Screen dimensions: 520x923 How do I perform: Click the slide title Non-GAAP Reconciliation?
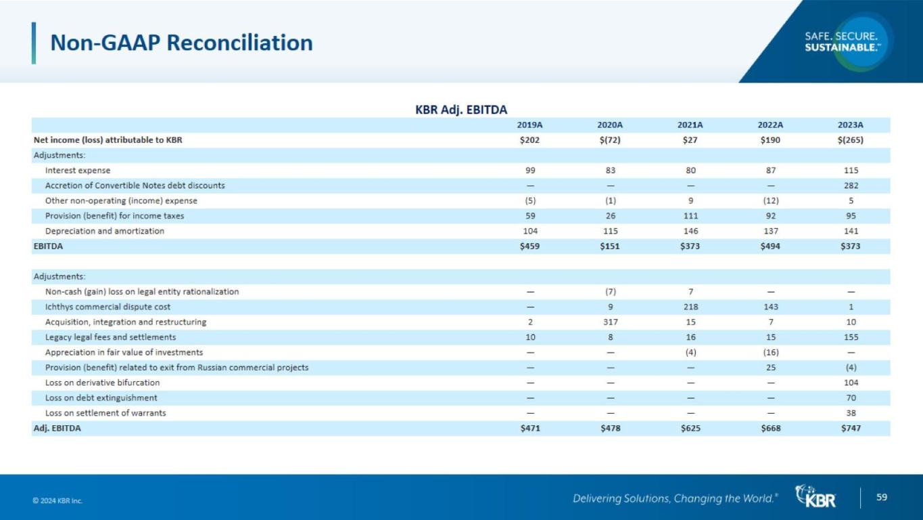tap(181, 43)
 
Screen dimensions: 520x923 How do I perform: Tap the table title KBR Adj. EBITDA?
tap(460, 110)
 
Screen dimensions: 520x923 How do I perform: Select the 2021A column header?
tap(690, 125)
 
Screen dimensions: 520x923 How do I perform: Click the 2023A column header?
tap(850, 125)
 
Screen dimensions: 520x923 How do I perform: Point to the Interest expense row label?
tap(77, 171)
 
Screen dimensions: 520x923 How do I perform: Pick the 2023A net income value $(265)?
tap(850, 141)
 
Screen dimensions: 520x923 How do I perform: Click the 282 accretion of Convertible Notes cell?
tap(851, 186)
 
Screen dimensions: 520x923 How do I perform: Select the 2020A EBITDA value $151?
tap(609, 246)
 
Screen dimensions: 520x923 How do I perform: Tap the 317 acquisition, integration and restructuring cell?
tap(609, 322)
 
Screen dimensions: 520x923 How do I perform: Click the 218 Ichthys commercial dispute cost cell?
tap(690, 307)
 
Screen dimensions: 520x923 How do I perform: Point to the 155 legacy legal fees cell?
tap(851, 337)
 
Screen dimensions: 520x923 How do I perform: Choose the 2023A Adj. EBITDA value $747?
tap(850, 428)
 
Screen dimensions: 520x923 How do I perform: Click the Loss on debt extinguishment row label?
tap(101, 398)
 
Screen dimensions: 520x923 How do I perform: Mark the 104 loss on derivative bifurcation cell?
tap(851, 383)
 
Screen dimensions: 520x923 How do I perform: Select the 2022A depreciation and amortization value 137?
tap(770, 231)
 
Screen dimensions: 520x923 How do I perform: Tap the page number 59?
tap(882, 498)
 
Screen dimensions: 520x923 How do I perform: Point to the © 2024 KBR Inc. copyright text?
tap(57, 501)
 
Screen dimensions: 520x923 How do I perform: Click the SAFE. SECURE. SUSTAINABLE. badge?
tap(842, 41)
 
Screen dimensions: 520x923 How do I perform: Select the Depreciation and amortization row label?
tap(104, 231)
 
